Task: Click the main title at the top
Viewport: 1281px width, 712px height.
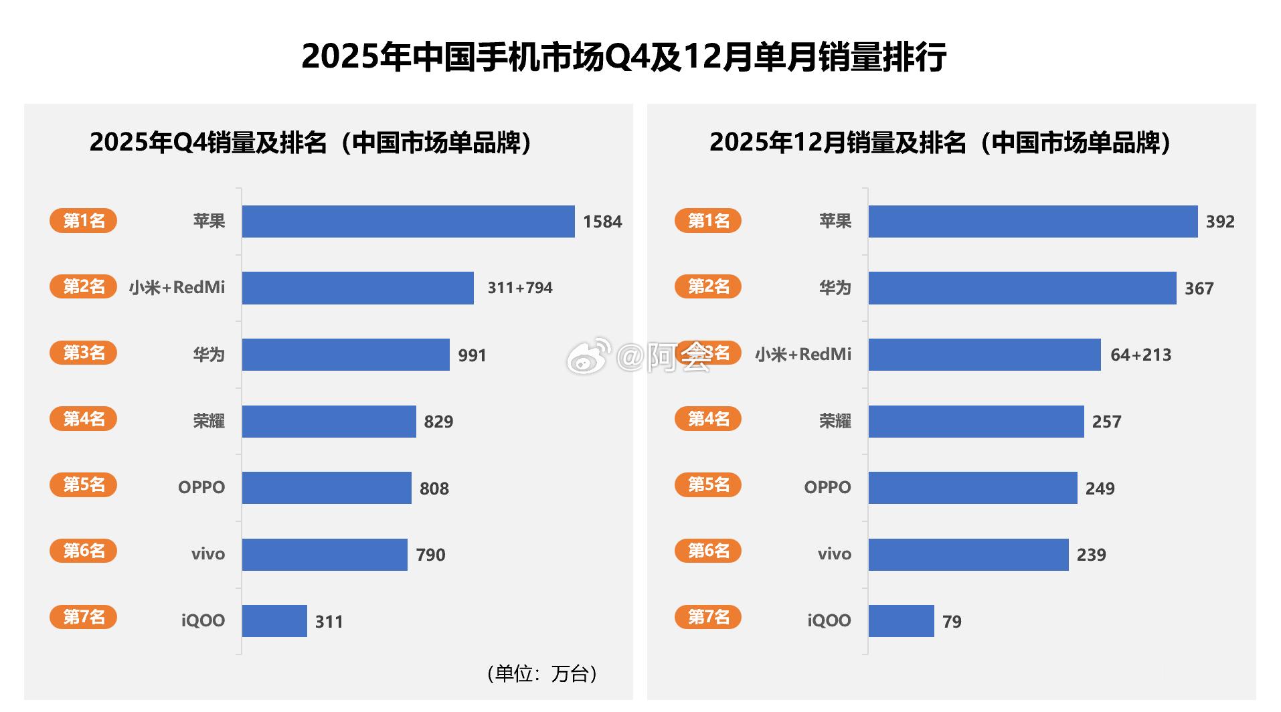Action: (x=624, y=57)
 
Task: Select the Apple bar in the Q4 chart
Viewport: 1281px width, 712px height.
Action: (x=408, y=221)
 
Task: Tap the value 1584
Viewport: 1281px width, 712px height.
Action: (x=602, y=221)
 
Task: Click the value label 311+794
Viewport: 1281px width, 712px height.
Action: (x=519, y=288)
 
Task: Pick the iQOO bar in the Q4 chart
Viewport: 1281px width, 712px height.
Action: (x=274, y=621)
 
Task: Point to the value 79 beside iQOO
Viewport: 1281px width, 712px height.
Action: (x=951, y=622)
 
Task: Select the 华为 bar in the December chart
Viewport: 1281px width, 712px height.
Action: (x=1022, y=288)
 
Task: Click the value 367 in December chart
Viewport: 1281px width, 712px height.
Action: (x=1199, y=288)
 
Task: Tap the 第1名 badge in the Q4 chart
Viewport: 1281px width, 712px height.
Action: (x=84, y=220)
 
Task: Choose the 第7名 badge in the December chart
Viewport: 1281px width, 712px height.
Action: (x=708, y=616)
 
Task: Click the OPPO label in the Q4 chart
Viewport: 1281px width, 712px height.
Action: (x=201, y=487)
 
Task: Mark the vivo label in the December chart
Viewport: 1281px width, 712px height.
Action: (x=834, y=554)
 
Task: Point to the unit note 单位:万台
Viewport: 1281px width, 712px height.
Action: (x=542, y=673)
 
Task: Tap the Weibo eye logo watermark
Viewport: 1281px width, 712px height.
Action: (x=588, y=356)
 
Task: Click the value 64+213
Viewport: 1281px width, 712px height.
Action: (x=1140, y=355)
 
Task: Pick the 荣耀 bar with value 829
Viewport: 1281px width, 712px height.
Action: (x=329, y=422)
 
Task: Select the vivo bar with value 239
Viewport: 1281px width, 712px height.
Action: (x=968, y=555)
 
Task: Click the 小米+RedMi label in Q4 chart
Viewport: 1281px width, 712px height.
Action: (x=177, y=288)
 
